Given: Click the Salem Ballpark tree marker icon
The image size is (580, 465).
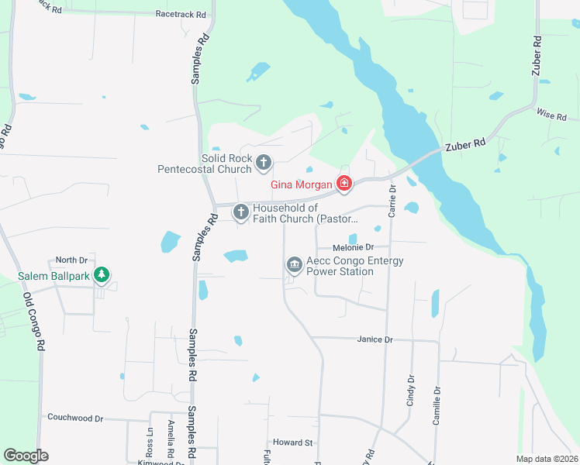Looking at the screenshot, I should [x=101, y=275].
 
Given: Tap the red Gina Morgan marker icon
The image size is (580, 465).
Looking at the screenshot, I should [x=344, y=184].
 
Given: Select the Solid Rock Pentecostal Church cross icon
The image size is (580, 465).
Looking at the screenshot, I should [x=264, y=163].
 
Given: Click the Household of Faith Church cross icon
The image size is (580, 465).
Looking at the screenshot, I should [x=241, y=211].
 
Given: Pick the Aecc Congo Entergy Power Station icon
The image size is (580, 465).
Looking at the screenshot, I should [x=295, y=265].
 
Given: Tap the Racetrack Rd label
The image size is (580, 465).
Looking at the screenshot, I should [x=181, y=14].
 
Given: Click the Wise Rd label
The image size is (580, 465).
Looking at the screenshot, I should [x=551, y=115].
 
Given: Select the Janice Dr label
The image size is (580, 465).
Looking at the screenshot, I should [x=375, y=339].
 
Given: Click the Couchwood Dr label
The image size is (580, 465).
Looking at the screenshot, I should [x=75, y=418].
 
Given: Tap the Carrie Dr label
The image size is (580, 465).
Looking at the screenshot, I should [x=392, y=199].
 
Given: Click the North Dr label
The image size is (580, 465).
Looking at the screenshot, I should [x=72, y=260].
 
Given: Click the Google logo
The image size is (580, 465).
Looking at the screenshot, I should [x=26, y=456].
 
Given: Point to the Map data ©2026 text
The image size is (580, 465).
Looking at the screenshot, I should [x=547, y=459].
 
